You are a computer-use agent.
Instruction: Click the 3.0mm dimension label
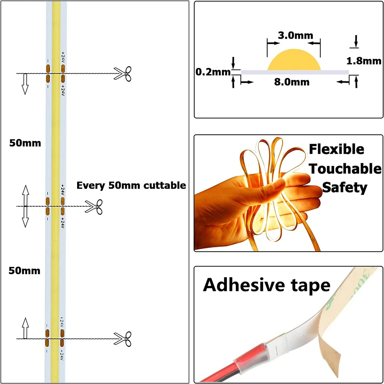290,36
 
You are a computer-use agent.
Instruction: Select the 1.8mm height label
364,61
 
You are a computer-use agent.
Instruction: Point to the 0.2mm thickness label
212,72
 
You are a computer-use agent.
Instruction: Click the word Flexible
337,149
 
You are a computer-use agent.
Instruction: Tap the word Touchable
345,169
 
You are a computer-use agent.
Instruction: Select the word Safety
344,188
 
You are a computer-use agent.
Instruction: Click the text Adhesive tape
266,285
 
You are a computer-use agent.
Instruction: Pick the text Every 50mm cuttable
131,185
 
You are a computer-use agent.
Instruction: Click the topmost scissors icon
123,73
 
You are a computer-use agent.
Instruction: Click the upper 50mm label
25,143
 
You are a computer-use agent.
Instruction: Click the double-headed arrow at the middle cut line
25,206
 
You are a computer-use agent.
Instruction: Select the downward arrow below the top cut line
25,84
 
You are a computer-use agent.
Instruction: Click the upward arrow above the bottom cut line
25,328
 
